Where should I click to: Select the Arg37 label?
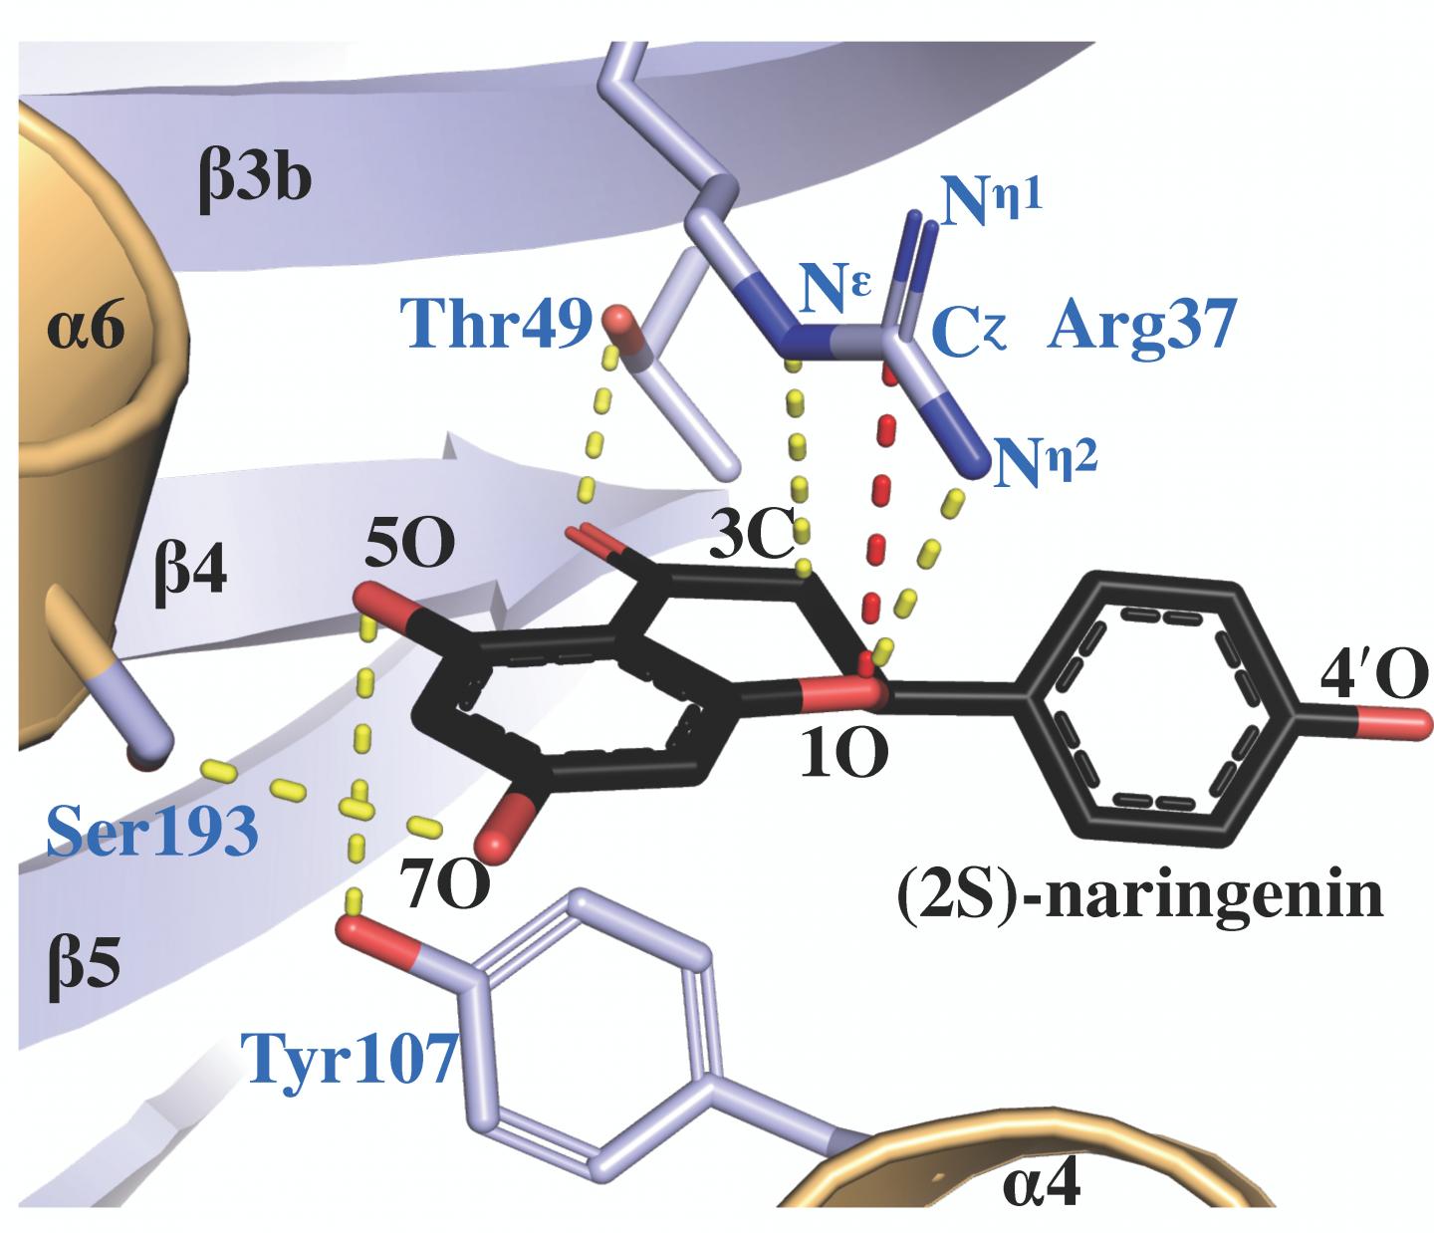1142,326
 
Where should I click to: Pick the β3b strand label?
255,178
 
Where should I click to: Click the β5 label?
84,966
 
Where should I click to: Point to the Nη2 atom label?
1047,461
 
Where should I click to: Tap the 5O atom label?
409,543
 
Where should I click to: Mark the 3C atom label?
751,537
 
